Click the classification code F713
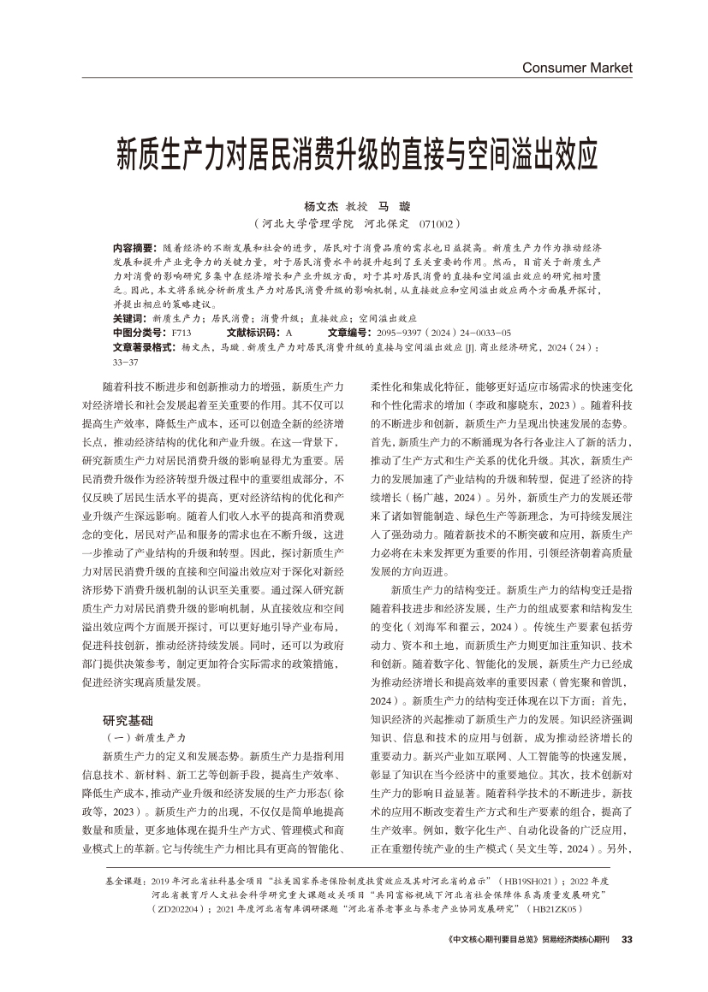tap(181, 331)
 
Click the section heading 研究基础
tap(128, 719)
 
